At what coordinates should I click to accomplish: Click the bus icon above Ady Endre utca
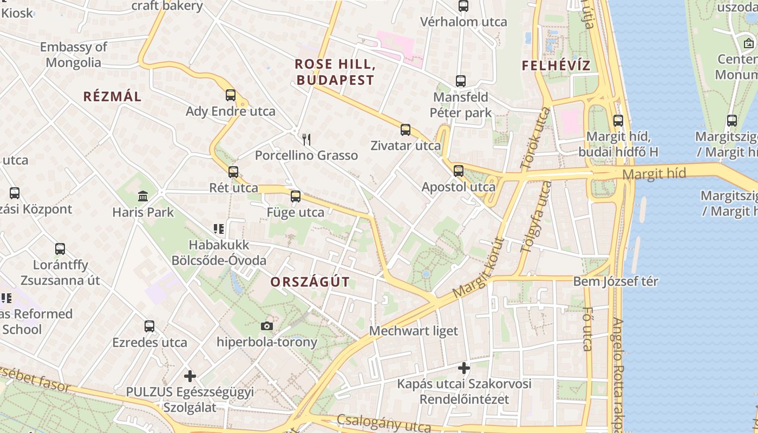click(x=231, y=95)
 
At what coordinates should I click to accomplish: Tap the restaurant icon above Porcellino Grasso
click(x=306, y=140)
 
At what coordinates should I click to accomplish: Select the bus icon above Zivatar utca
click(x=406, y=130)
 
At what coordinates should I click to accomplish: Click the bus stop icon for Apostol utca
click(x=459, y=171)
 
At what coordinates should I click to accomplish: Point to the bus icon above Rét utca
click(x=233, y=172)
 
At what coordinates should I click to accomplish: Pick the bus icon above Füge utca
click(x=296, y=196)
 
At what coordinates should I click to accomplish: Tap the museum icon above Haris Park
click(x=143, y=196)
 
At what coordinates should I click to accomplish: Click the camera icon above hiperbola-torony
click(x=266, y=326)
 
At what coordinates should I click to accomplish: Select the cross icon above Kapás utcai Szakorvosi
click(x=464, y=368)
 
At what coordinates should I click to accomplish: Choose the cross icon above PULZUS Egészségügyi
click(x=190, y=376)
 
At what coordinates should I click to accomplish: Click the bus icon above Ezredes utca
click(x=149, y=326)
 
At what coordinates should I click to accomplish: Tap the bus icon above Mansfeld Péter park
click(x=461, y=81)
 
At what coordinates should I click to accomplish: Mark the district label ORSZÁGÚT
click(x=310, y=282)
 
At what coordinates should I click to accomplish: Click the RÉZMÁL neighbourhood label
click(x=113, y=97)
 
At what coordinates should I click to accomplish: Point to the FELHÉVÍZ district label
click(x=556, y=66)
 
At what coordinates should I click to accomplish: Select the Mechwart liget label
click(x=414, y=331)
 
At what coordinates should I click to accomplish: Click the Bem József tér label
click(x=616, y=281)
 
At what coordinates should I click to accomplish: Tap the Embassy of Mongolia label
click(x=74, y=55)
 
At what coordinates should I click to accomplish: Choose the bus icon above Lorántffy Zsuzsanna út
click(x=60, y=249)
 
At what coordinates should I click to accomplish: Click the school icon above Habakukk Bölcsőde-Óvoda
click(x=219, y=229)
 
